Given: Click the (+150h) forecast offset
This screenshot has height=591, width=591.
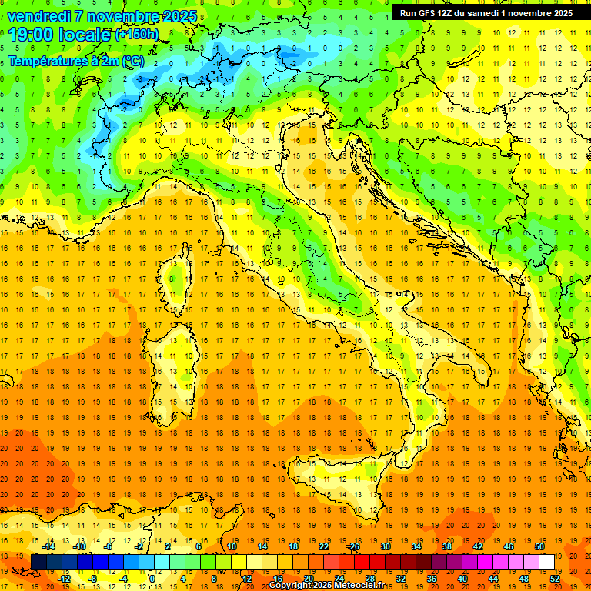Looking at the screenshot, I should (137, 35).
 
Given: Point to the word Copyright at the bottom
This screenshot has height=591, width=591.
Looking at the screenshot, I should (292, 586).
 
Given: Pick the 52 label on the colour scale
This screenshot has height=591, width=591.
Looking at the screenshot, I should (555, 578).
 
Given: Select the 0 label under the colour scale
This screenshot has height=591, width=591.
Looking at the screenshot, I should (152, 578).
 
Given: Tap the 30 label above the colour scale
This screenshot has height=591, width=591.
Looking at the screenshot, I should (386, 546).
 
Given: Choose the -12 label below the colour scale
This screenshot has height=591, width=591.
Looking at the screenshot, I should (65, 578).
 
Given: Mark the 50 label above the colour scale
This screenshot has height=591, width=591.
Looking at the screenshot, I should (539, 546).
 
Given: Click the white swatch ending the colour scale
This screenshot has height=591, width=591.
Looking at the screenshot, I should (546, 562).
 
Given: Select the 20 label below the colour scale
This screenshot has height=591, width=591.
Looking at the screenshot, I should (309, 578).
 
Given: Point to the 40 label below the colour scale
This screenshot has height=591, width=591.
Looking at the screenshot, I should (462, 578).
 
